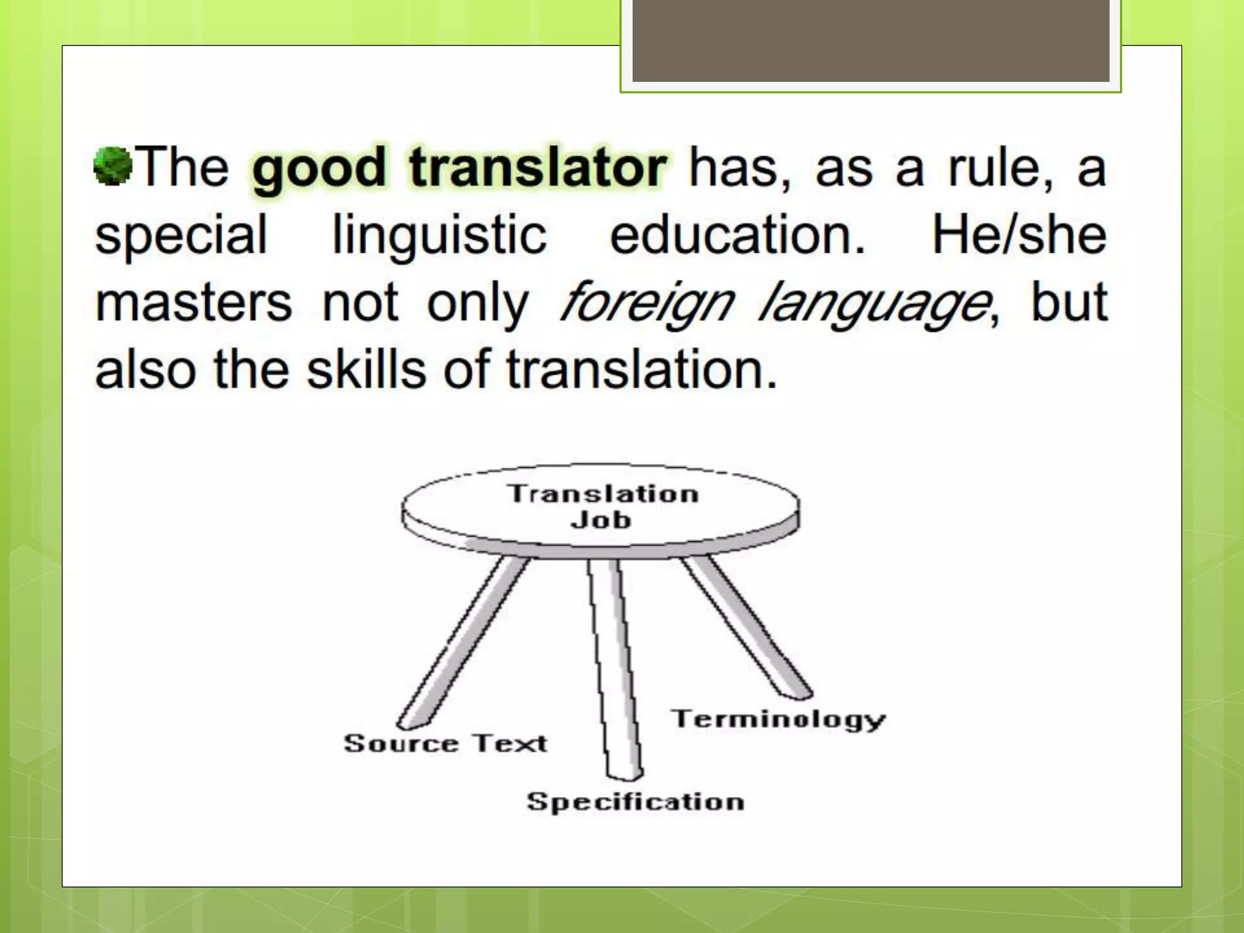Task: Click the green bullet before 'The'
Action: [x=113, y=165]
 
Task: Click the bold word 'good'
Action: [x=319, y=169]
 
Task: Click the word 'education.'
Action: [x=737, y=236]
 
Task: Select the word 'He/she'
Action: [x=1019, y=236]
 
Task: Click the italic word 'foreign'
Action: [x=646, y=304]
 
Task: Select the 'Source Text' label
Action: [x=445, y=743]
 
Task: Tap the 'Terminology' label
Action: [x=778, y=719]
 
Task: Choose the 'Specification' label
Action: [x=635, y=801]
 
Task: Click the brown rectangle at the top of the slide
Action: [x=870, y=41]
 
